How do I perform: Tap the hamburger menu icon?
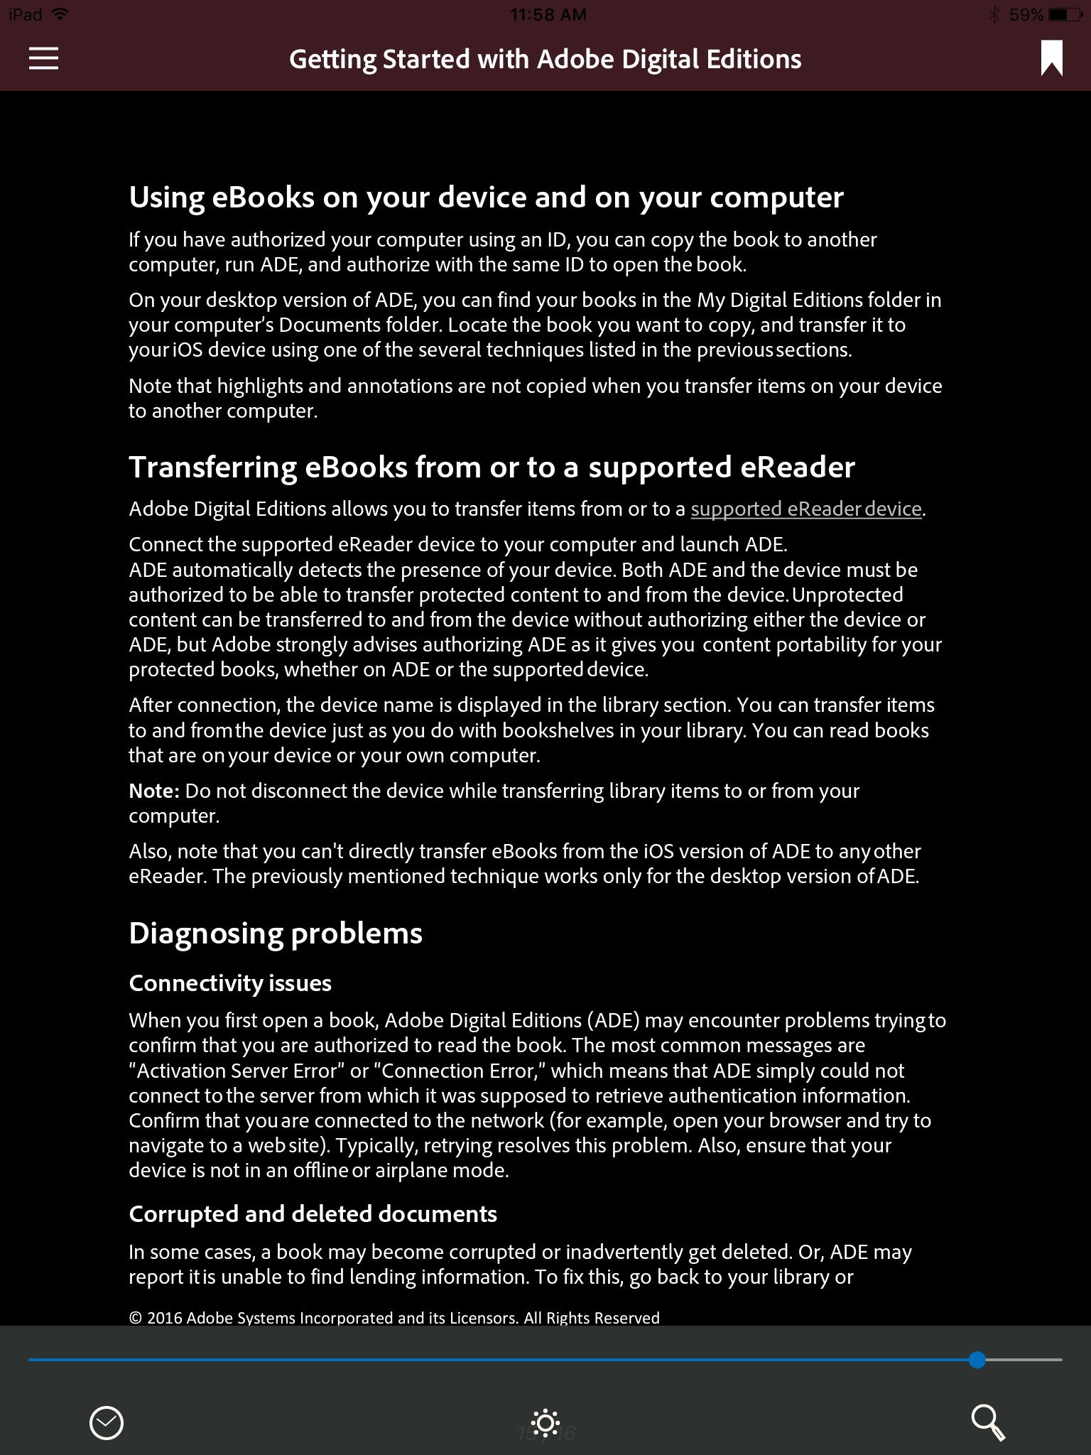(43, 58)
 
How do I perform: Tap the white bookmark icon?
(1051, 58)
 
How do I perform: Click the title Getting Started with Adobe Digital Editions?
(545, 59)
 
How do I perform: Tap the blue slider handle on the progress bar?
(977, 1360)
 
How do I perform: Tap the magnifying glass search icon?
(987, 1422)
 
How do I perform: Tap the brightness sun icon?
(545, 1423)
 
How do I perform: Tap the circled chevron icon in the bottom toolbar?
(107, 1423)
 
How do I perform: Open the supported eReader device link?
(805, 509)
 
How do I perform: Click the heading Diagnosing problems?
(276, 933)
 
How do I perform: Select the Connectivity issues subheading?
(230, 983)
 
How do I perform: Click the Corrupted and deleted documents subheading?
(313, 1213)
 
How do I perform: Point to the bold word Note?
(154, 791)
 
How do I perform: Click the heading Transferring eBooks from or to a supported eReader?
(492, 467)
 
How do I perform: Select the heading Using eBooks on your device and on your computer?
(486, 197)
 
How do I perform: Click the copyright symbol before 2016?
(135, 1319)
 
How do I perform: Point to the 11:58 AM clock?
(548, 14)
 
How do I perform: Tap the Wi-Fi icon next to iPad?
(60, 14)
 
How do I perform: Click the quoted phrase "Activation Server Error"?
(236, 1071)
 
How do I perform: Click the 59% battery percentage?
(1026, 14)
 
